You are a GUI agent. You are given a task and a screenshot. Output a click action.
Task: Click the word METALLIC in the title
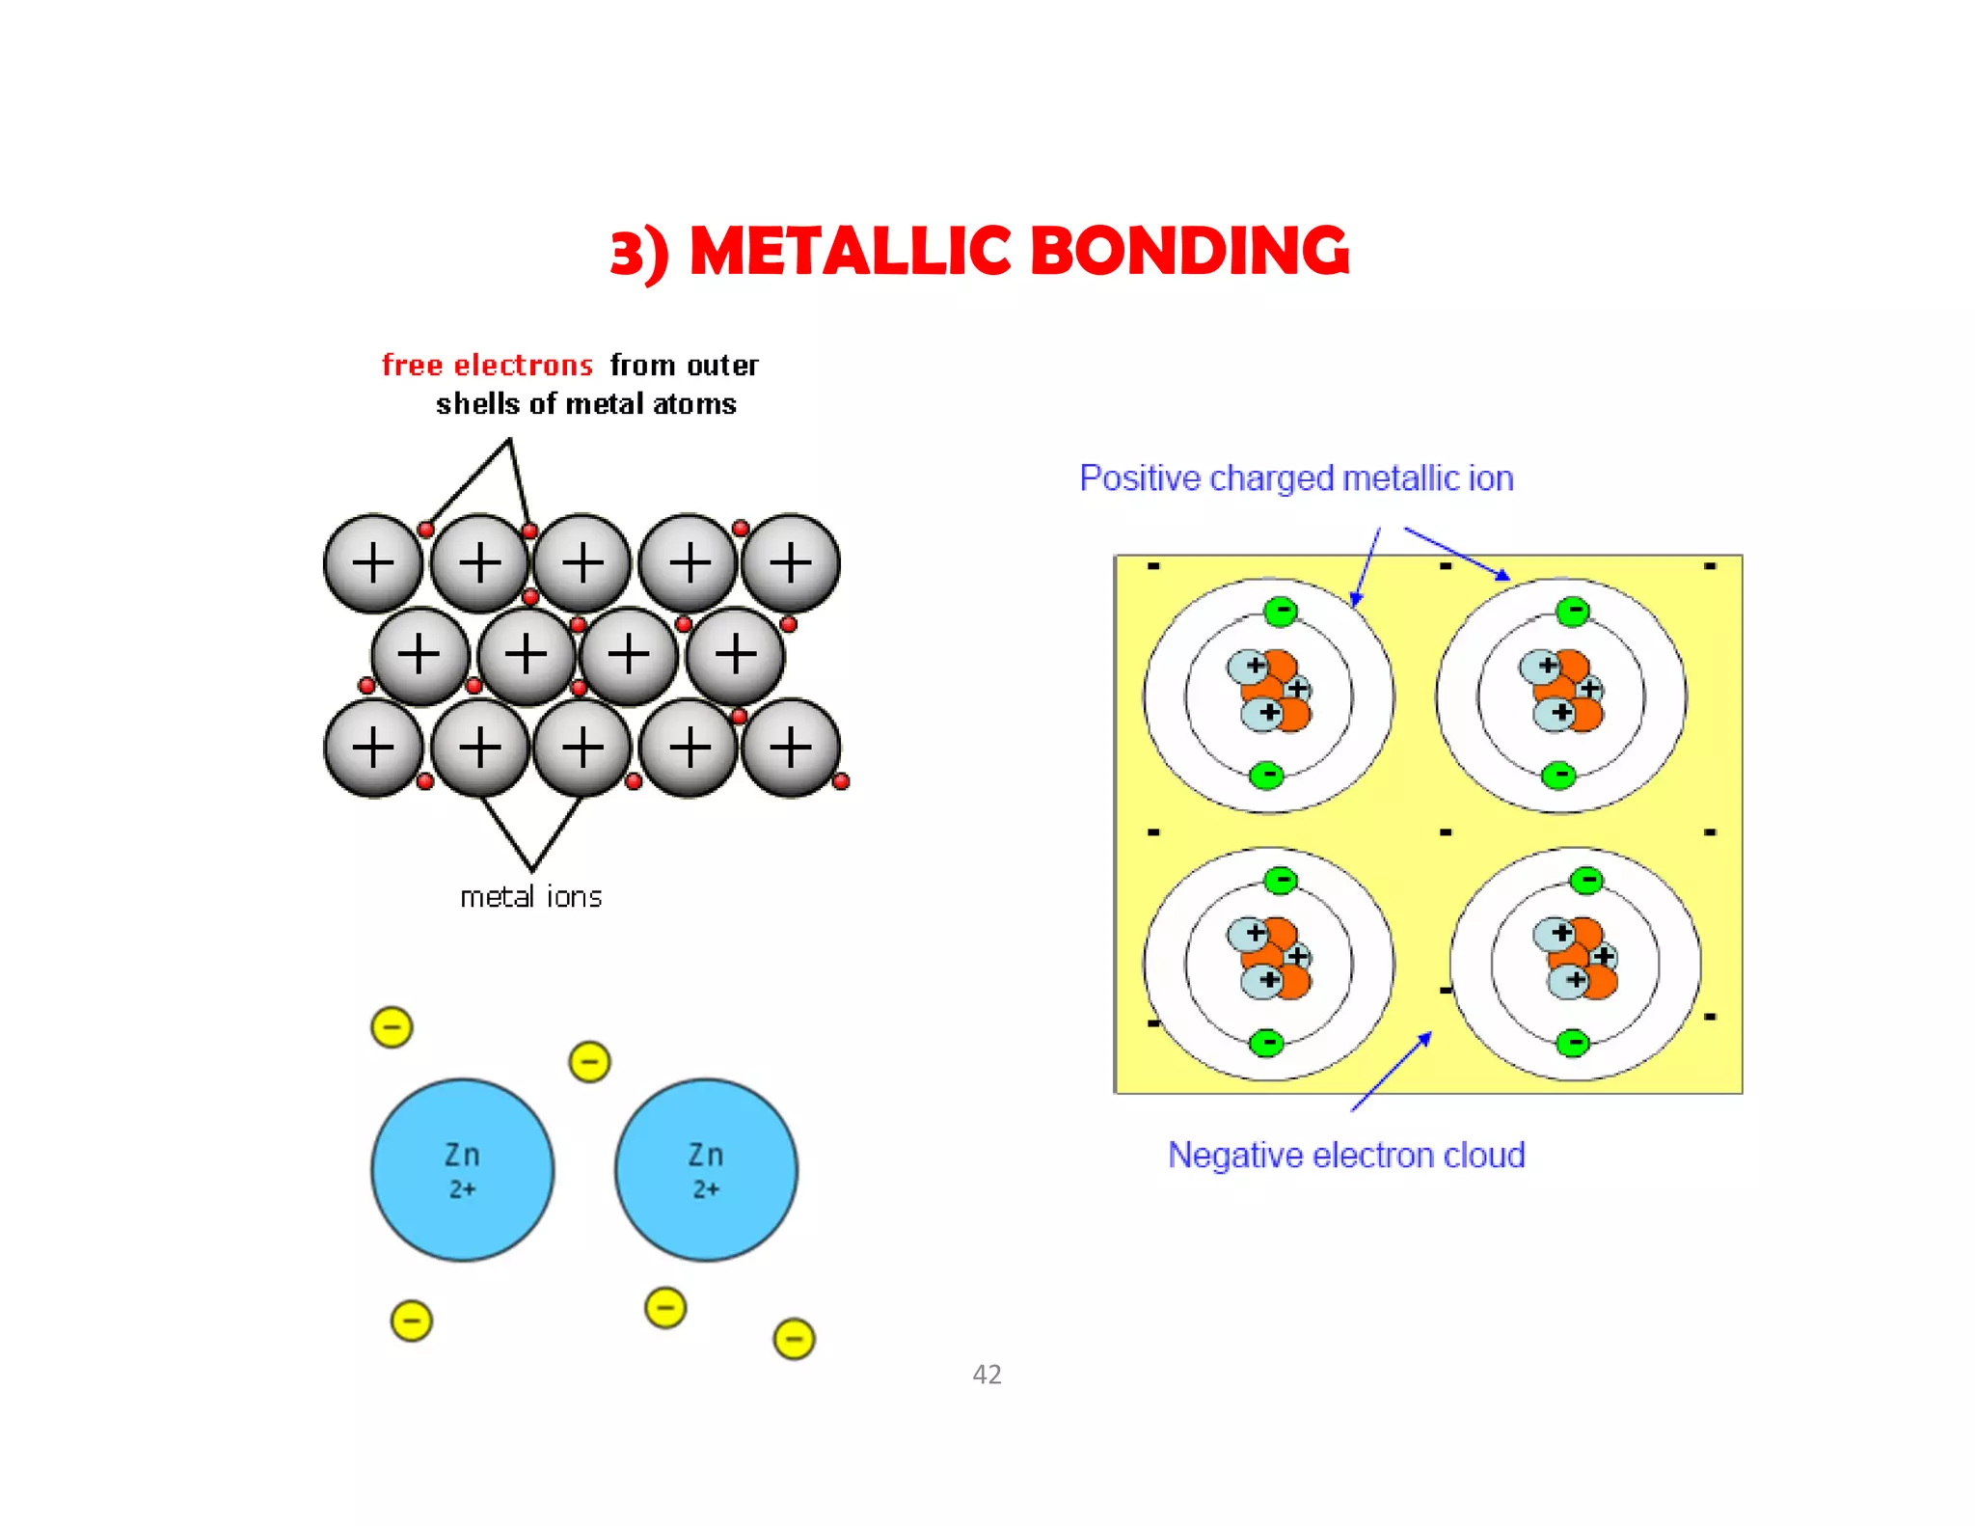[850, 252]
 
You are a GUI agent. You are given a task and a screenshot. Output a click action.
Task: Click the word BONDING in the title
[1190, 252]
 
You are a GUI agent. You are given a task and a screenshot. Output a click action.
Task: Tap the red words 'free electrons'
[487, 366]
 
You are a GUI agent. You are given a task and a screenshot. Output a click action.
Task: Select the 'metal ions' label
[530, 897]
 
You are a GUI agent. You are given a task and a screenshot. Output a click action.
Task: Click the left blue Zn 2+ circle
[463, 1170]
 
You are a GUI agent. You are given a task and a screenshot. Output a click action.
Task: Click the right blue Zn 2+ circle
[706, 1170]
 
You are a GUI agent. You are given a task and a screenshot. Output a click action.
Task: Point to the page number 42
[987, 1375]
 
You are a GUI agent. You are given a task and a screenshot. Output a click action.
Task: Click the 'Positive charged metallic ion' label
[1296, 478]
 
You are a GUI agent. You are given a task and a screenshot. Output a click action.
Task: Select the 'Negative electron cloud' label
[1346, 1156]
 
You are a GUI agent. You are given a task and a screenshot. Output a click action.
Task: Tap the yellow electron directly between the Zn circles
[589, 1062]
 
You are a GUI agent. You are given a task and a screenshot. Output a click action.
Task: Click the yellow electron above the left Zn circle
[392, 1027]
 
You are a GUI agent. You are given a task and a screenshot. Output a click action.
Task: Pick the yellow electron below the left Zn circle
[411, 1321]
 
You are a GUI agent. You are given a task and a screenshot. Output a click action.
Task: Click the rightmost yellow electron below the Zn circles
[794, 1339]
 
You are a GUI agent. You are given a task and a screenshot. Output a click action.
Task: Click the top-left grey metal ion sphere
[373, 563]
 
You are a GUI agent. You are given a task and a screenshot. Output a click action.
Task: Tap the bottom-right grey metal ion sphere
[791, 748]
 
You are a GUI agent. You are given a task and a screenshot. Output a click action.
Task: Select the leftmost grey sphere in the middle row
[419, 655]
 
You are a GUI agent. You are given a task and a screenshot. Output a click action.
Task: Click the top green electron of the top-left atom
[1281, 611]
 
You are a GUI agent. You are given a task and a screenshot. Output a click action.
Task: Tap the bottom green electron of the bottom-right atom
[1573, 1043]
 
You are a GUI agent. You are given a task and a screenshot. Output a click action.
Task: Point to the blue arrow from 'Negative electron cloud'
[1392, 1071]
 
